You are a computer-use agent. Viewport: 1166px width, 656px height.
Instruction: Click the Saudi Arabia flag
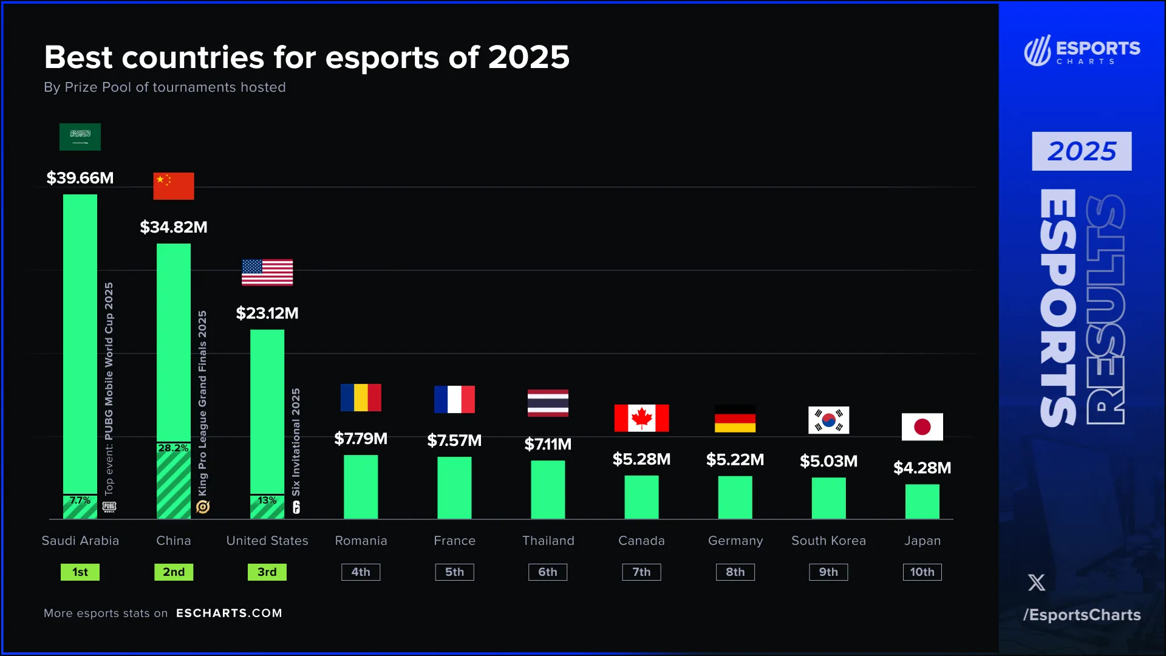pyautogui.click(x=80, y=137)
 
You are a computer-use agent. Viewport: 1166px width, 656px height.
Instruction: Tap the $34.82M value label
pyautogui.click(x=174, y=227)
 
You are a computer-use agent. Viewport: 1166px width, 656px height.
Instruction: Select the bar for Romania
pyautogui.click(x=361, y=487)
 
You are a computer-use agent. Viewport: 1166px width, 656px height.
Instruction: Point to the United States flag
pyautogui.click(x=267, y=272)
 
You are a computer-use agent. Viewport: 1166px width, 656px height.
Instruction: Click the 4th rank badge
pyautogui.click(x=361, y=572)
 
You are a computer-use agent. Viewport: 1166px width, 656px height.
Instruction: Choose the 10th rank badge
pyautogui.click(x=922, y=572)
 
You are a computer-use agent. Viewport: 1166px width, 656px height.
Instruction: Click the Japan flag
pyautogui.click(x=922, y=427)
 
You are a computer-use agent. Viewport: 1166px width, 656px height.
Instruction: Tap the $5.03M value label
pyautogui.click(x=828, y=461)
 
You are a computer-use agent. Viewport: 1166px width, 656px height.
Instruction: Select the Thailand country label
pyautogui.click(x=548, y=541)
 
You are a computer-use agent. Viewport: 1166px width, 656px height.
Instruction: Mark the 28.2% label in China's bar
pyautogui.click(x=173, y=448)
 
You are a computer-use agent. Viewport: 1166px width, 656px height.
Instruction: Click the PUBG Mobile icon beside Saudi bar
pyautogui.click(x=109, y=507)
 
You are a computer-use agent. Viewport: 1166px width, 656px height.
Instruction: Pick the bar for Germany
pyautogui.click(x=735, y=497)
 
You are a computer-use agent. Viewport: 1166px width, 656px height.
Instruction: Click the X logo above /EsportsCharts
pyautogui.click(x=1037, y=583)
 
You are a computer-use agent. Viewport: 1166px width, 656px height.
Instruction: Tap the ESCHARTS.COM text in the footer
pyautogui.click(x=229, y=613)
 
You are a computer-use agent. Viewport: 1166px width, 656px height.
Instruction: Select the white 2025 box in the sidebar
pyautogui.click(x=1082, y=151)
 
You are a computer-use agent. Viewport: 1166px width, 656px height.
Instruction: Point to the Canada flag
pyautogui.click(x=641, y=418)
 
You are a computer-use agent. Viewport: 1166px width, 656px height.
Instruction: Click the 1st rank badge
pyautogui.click(x=80, y=572)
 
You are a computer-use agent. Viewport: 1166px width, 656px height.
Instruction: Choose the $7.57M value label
pyautogui.click(x=454, y=440)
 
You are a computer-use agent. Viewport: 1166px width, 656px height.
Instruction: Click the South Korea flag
pyautogui.click(x=828, y=420)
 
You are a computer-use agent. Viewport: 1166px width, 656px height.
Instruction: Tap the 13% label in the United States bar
pyautogui.click(x=267, y=501)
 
